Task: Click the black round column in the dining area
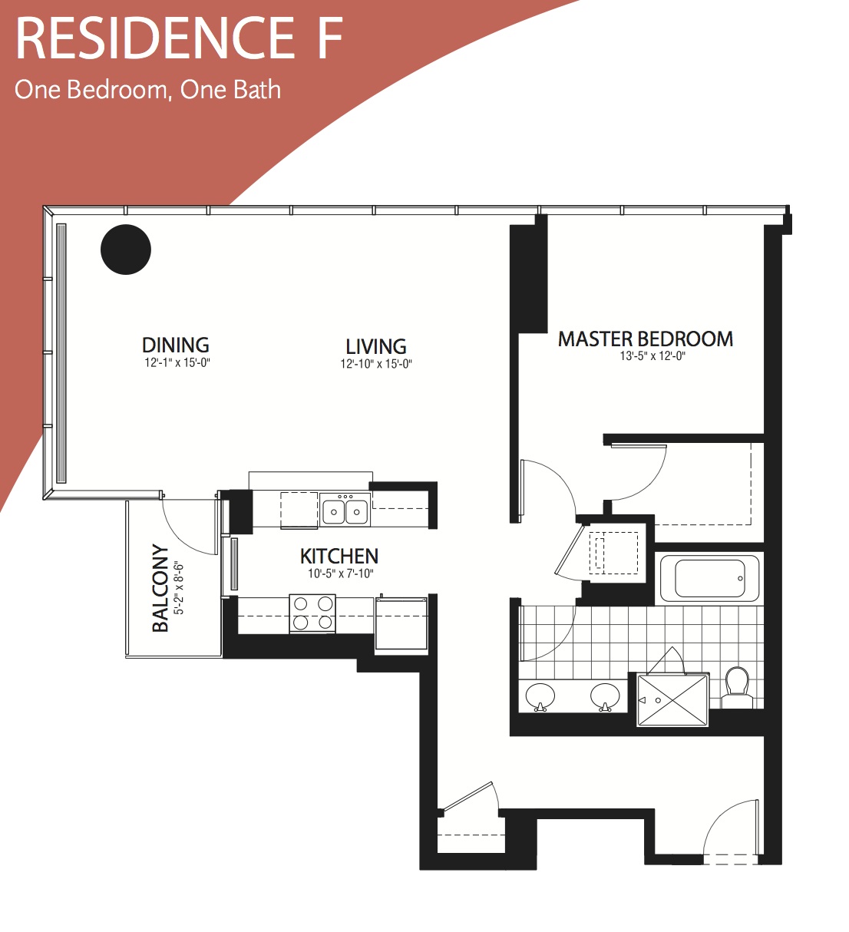pyautogui.click(x=125, y=250)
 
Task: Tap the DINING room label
pyautogui.click(x=176, y=345)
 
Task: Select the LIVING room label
pyautogui.click(x=376, y=346)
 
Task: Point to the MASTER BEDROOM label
pyautogui.click(x=646, y=339)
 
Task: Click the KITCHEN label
pyautogui.click(x=339, y=556)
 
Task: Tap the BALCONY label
pyautogui.click(x=160, y=588)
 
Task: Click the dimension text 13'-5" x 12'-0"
pyautogui.click(x=652, y=356)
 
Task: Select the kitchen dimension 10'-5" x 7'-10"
pyautogui.click(x=341, y=573)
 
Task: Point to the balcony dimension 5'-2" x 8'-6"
pyautogui.click(x=179, y=589)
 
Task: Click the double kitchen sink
pyautogui.click(x=345, y=510)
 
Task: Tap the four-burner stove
pyautogui.click(x=312, y=613)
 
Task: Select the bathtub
pyautogui.click(x=709, y=579)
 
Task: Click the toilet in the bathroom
pyautogui.click(x=737, y=688)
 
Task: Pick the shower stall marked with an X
pyautogui.click(x=673, y=700)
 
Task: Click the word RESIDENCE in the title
pyautogui.click(x=155, y=38)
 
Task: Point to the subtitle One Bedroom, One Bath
pyautogui.click(x=148, y=90)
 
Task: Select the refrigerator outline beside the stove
pyautogui.click(x=401, y=623)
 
